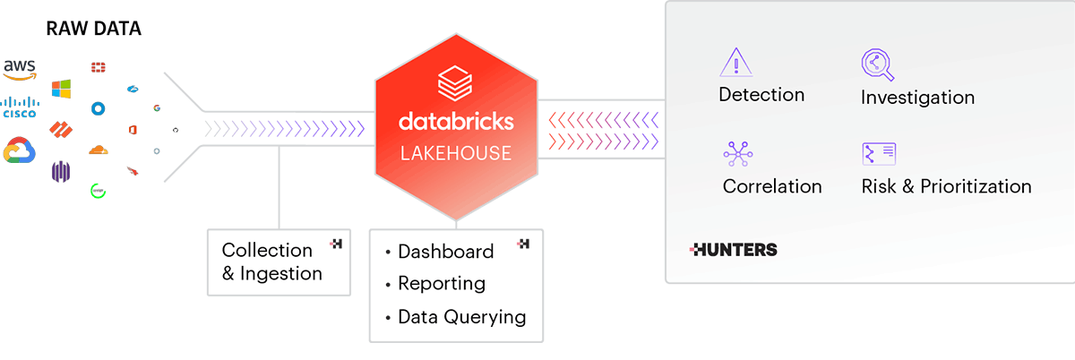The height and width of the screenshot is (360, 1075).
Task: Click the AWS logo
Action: point(19,69)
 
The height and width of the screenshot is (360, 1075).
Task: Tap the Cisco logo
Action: point(19,107)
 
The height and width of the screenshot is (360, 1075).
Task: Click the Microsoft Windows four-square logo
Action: point(61,89)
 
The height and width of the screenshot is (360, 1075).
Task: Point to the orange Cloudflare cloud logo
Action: point(98,150)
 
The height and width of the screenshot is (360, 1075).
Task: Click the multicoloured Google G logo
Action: point(156,108)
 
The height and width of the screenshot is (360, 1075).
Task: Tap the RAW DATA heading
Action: point(93,30)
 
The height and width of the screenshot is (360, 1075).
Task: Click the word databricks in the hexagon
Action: point(456,120)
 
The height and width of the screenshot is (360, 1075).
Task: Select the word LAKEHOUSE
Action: point(456,153)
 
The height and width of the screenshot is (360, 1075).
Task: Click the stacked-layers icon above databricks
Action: point(456,83)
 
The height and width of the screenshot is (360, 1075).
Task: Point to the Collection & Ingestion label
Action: point(271,261)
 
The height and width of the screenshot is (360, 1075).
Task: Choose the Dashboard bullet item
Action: point(445,252)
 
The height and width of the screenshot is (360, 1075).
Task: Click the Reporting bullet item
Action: point(441,284)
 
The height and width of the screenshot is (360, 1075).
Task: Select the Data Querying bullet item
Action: point(461,316)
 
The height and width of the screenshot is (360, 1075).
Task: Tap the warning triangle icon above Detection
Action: point(735,63)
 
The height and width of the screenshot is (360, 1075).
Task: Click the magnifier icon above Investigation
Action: point(877,65)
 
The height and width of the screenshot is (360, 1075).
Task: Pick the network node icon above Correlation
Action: point(737,154)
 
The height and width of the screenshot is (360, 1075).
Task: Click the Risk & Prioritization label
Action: point(946,186)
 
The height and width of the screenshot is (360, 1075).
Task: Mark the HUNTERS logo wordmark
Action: point(734,250)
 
